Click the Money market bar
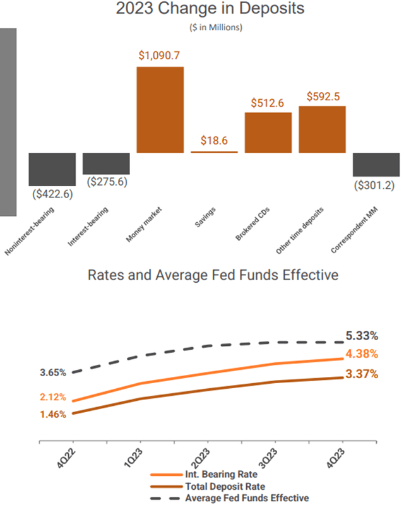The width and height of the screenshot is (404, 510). pyautogui.click(x=160, y=109)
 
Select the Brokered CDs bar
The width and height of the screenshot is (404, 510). pyautogui.click(x=268, y=133)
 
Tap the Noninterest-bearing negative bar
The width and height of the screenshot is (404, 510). pyautogui.click(x=52, y=169)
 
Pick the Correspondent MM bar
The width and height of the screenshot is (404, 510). pyautogui.click(x=376, y=165)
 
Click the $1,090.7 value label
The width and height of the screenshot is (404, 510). pyautogui.click(x=160, y=56)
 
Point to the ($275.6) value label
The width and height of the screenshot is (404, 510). pyautogui.click(x=106, y=182)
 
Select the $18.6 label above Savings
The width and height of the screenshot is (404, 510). pyautogui.click(x=215, y=141)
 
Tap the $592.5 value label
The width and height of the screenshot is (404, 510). pyautogui.click(x=323, y=96)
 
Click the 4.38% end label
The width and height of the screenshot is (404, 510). pyautogui.click(x=362, y=354)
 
